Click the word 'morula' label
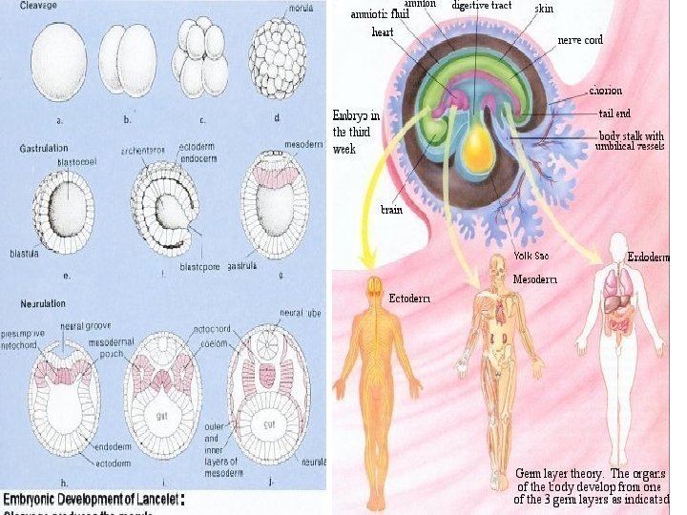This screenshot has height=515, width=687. (x=302, y=8)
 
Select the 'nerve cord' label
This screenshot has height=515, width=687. (x=579, y=40)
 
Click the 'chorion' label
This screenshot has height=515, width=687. (x=606, y=92)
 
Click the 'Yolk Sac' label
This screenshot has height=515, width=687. (x=531, y=254)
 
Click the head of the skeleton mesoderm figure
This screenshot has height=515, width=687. (x=498, y=267)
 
